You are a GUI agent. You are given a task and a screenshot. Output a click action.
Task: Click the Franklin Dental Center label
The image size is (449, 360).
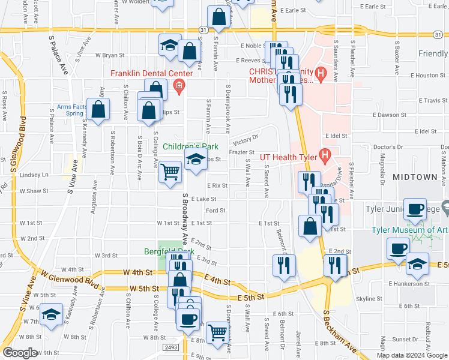[x=151, y=74]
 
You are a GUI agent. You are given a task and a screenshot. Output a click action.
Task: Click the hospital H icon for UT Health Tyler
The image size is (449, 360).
[x=325, y=157]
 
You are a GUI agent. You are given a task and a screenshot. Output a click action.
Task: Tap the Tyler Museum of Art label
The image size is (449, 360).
[x=410, y=230]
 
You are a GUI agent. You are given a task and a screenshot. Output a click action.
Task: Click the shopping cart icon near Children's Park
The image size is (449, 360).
[x=170, y=172]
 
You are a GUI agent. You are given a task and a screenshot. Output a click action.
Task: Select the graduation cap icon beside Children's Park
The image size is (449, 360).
[x=195, y=160]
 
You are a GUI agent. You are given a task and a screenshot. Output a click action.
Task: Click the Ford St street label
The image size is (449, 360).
[x=215, y=211]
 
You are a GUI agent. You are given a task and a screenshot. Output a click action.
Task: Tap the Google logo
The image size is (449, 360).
[x=19, y=353]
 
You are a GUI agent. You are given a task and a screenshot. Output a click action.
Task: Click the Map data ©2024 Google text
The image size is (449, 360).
[x=412, y=355]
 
